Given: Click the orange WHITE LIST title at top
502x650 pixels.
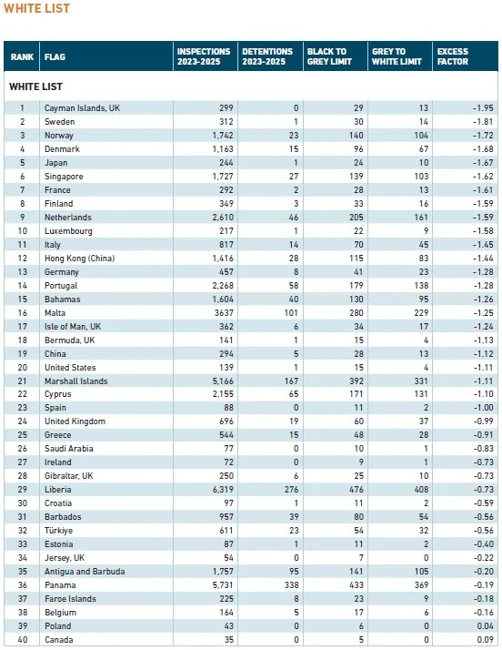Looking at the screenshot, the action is click(36, 8).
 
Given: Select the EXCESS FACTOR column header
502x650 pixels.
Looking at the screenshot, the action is click(453, 56).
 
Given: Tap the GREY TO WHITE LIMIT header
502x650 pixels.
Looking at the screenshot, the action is click(397, 56).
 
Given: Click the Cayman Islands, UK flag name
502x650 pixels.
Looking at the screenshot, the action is click(82, 108).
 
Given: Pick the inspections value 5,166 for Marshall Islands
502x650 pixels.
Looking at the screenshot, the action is click(223, 381).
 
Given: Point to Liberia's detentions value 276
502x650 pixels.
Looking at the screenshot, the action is click(291, 490).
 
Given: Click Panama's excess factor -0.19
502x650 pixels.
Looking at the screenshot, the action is click(484, 585).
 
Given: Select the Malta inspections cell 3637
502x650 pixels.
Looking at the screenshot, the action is click(224, 313).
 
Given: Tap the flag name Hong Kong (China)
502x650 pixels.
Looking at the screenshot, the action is click(79, 259).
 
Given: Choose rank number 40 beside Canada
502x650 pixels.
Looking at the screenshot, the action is click(23, 640).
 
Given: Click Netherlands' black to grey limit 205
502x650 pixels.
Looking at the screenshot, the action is click(356, 218).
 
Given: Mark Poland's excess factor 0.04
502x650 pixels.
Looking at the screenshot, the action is click(485, 626).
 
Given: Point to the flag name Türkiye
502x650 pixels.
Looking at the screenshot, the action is click(58, 531).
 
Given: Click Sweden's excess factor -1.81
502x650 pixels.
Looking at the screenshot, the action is click(483, 122).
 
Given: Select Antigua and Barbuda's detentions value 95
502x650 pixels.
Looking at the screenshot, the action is click(294, 571).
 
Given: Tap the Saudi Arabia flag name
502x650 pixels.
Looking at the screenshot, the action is click(69, 449).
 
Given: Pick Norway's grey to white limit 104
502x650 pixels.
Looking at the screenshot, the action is click(421, 136).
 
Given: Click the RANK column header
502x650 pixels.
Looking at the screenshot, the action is click(22, 56).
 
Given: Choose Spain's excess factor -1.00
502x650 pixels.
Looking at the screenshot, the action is click(484, 408).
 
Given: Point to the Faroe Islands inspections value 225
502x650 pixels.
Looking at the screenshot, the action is click(226, 599).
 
